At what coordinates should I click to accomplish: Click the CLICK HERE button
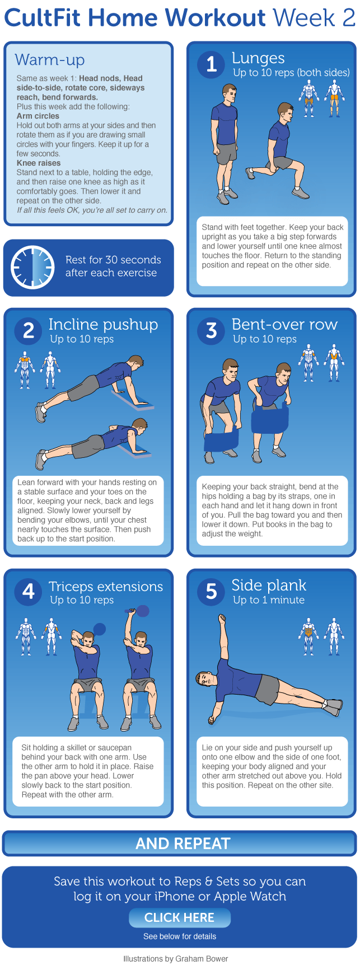point(179,918)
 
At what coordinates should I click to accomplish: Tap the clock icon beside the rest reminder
point(32,267)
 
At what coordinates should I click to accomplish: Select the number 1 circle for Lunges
point(211,64)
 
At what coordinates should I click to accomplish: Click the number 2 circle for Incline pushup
point(29,331)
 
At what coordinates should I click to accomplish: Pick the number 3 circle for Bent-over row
point(211,331)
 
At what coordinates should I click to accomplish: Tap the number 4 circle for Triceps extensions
point(29,592)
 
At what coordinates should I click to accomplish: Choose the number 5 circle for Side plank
point(211,592)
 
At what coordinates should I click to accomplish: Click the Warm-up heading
point(50,59)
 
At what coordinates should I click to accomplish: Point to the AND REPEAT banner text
point(183,844)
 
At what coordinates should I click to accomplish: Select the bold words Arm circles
point(38,116)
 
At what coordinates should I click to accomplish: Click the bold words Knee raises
point(39,163)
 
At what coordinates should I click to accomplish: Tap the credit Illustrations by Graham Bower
point(176,958)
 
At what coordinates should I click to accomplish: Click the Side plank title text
point(269,585)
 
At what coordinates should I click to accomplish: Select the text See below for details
point(180,936)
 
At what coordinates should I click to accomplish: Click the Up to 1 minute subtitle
point(269,600)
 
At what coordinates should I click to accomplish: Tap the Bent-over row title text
point(285,325)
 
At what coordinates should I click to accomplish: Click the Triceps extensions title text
point(106,587)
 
